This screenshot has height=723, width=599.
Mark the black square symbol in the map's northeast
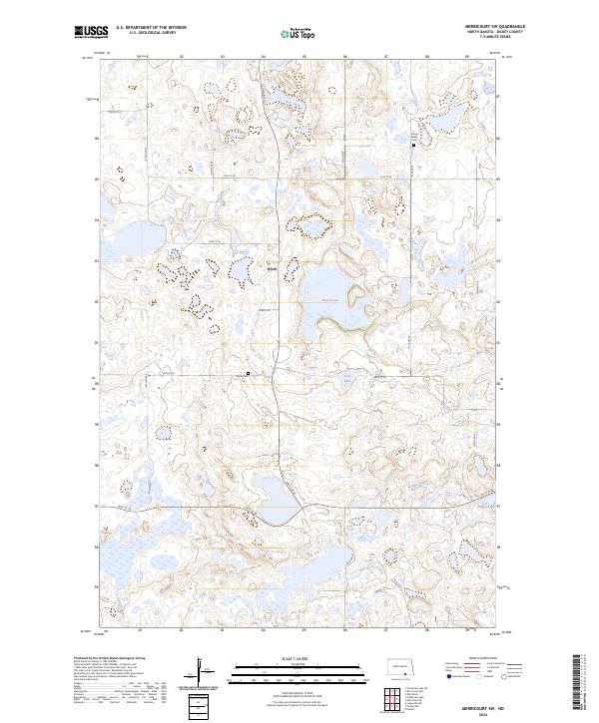413,146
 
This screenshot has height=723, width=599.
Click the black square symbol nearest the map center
248,374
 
